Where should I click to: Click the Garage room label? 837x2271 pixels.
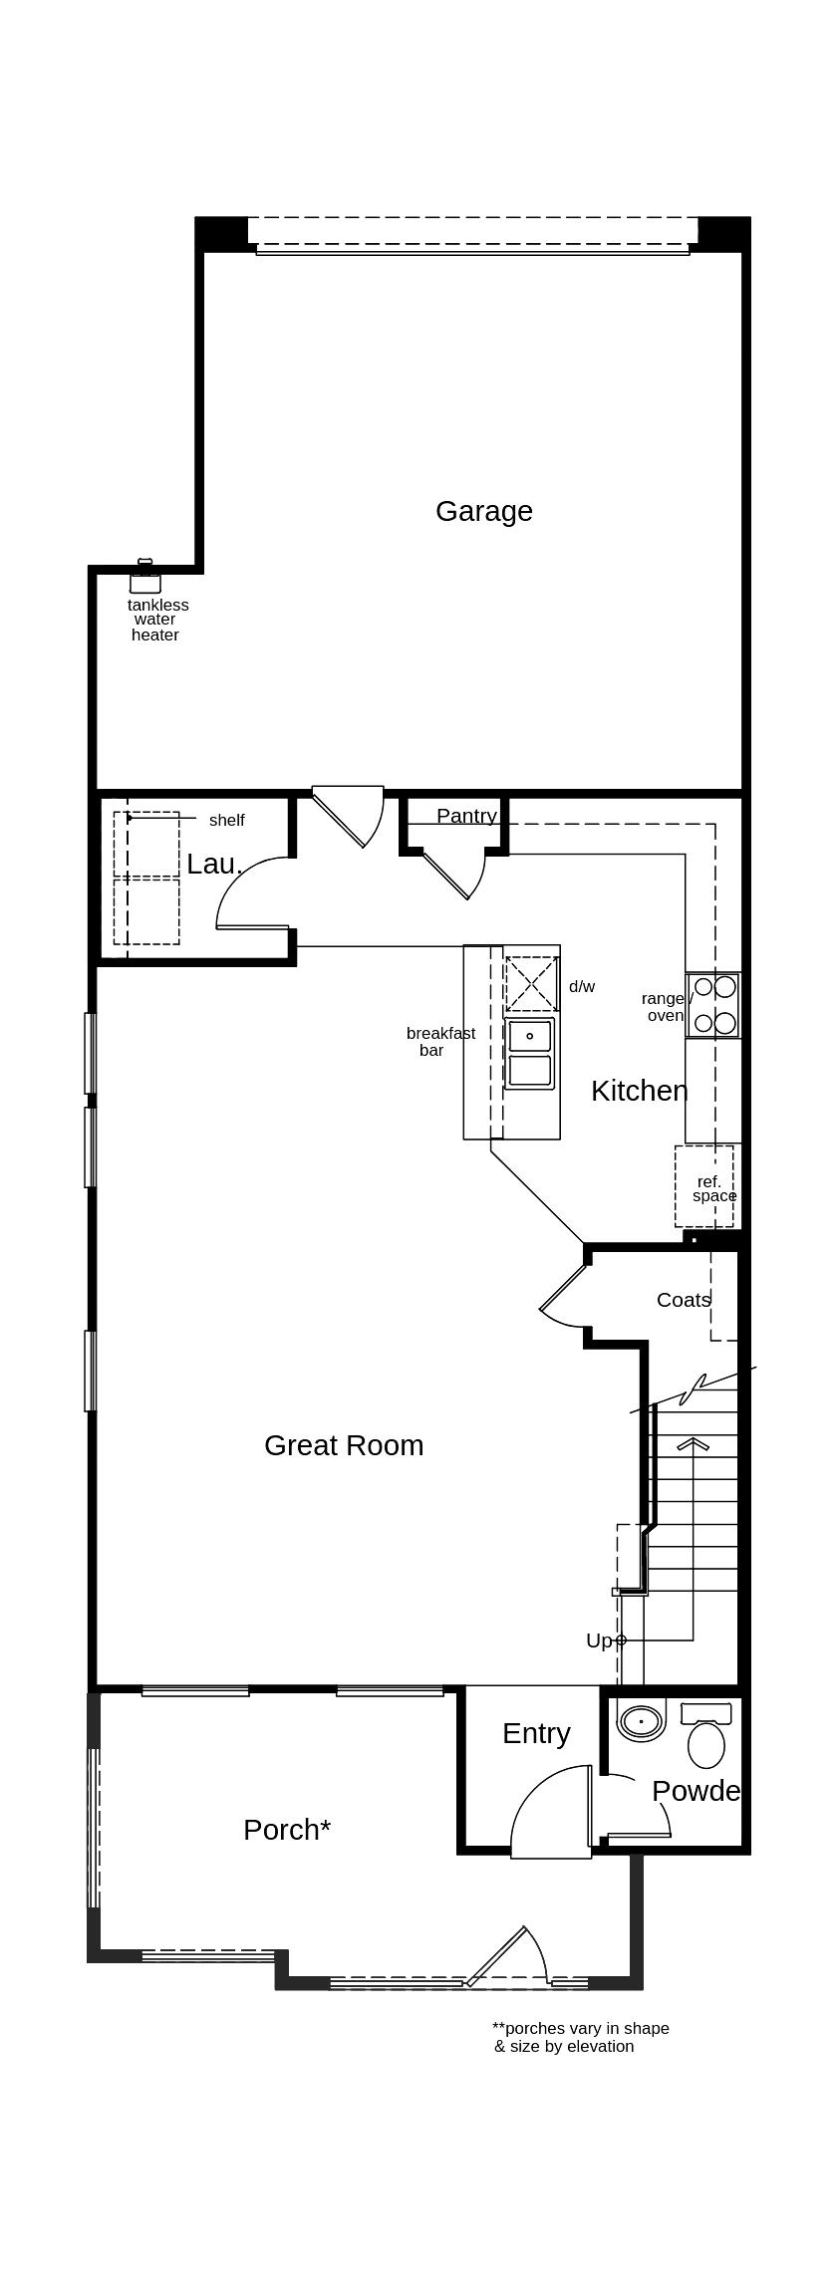click(x=483, y=511)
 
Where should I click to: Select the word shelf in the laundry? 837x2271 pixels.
click(x=226, y=820)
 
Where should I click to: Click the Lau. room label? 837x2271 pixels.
click(x=214, y=864)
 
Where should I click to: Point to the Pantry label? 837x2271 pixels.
click(x=466, y=816)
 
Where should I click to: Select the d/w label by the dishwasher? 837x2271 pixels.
click(x=582, y=986)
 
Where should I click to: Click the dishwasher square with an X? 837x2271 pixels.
click(x=531, y=983)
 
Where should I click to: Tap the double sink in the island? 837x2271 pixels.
click(x=530, y=1053)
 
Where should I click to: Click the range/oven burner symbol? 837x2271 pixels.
click(x=714, y=1004)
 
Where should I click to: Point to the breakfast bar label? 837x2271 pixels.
click(x=439, y=1041)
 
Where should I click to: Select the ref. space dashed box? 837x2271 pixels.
click(x=704, y=1186)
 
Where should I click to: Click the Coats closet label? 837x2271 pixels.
click(x=684, y=1299)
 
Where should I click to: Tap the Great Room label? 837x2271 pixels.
click(x=344, y=1445)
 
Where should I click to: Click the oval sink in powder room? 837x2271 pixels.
click(x=641, y=1721)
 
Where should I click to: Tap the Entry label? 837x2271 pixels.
click(x=536, y=1733)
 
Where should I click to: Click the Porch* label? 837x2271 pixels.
click(x=287, y=1830)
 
